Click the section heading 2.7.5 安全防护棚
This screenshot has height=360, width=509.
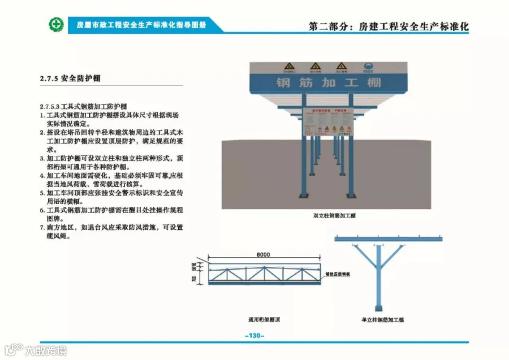point(71,78)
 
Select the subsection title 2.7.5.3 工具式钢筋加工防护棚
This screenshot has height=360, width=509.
point(83,106)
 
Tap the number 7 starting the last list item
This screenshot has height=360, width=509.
point(42,227)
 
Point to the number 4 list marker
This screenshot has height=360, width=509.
point(42,175)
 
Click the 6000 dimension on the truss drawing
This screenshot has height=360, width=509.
point(263,255)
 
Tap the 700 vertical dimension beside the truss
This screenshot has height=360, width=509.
point(194,279)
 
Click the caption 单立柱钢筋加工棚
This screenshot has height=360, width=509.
point(383,320)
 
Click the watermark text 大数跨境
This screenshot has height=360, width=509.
point(45,350)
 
